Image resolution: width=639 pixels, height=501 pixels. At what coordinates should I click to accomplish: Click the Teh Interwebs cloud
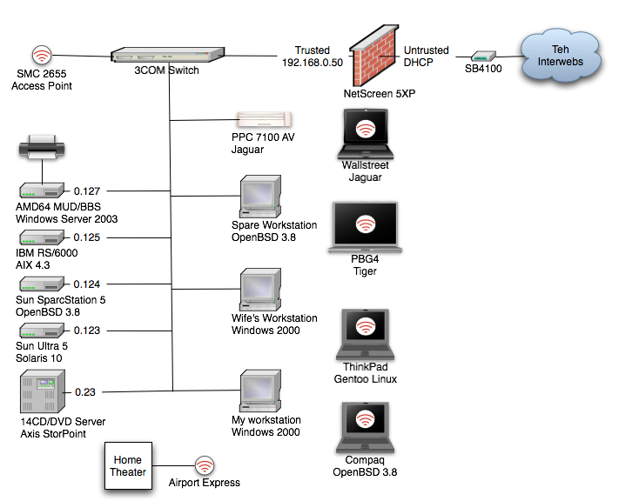coord(562,55)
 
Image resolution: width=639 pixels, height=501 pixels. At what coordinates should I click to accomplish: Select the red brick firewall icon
coord(374,51)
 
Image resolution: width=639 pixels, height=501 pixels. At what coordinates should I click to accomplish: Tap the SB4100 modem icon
coord(485,56)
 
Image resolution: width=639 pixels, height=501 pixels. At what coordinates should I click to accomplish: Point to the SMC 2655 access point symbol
coord(42,56)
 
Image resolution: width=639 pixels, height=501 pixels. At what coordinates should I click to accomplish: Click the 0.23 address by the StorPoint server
coord(85,391)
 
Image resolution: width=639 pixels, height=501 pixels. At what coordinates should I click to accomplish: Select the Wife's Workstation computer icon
coord(260,292)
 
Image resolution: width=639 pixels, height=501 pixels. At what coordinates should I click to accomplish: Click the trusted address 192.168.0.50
coord(313,63)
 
